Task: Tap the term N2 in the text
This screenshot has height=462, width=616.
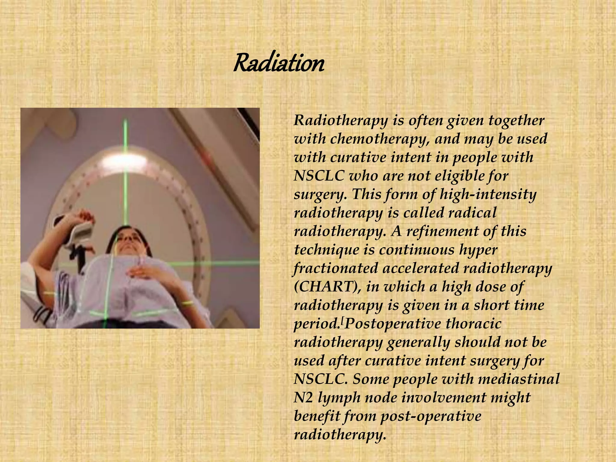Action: (303, 398)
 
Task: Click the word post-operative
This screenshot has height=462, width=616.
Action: (431, 416)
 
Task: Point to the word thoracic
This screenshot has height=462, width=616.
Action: (473, 324)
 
